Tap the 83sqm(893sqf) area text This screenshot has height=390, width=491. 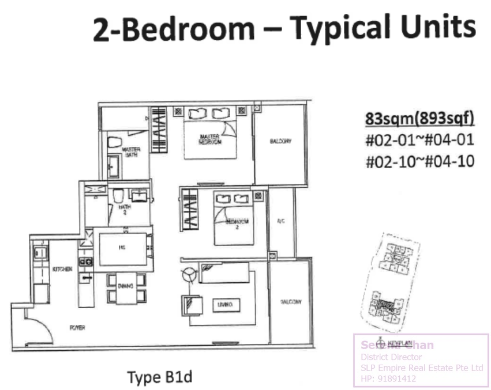pyautogui.click(x=419, y=119)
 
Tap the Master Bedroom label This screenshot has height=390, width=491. pyautogui.click(x=211, y=139)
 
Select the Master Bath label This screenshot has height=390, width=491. pyautogui.click(x=132, y=152)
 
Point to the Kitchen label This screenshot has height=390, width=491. pyautogui.click(x=62, y=269)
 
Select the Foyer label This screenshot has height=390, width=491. pyautogui.click(x=77, y=327)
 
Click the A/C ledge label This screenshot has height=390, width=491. pyautogui.click(x=281, y=221)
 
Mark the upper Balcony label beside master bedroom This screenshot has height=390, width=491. pyautogui.click(x=280, y=141)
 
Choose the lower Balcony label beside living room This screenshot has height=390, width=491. pyautogui.click(x=291, y=302)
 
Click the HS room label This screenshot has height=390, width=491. pyautogui.click(x=122, y=249)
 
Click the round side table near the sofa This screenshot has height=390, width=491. pyautogui.click(x=189, y=276)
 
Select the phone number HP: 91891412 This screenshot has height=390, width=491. pyautogui.click(x=385, y=378)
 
